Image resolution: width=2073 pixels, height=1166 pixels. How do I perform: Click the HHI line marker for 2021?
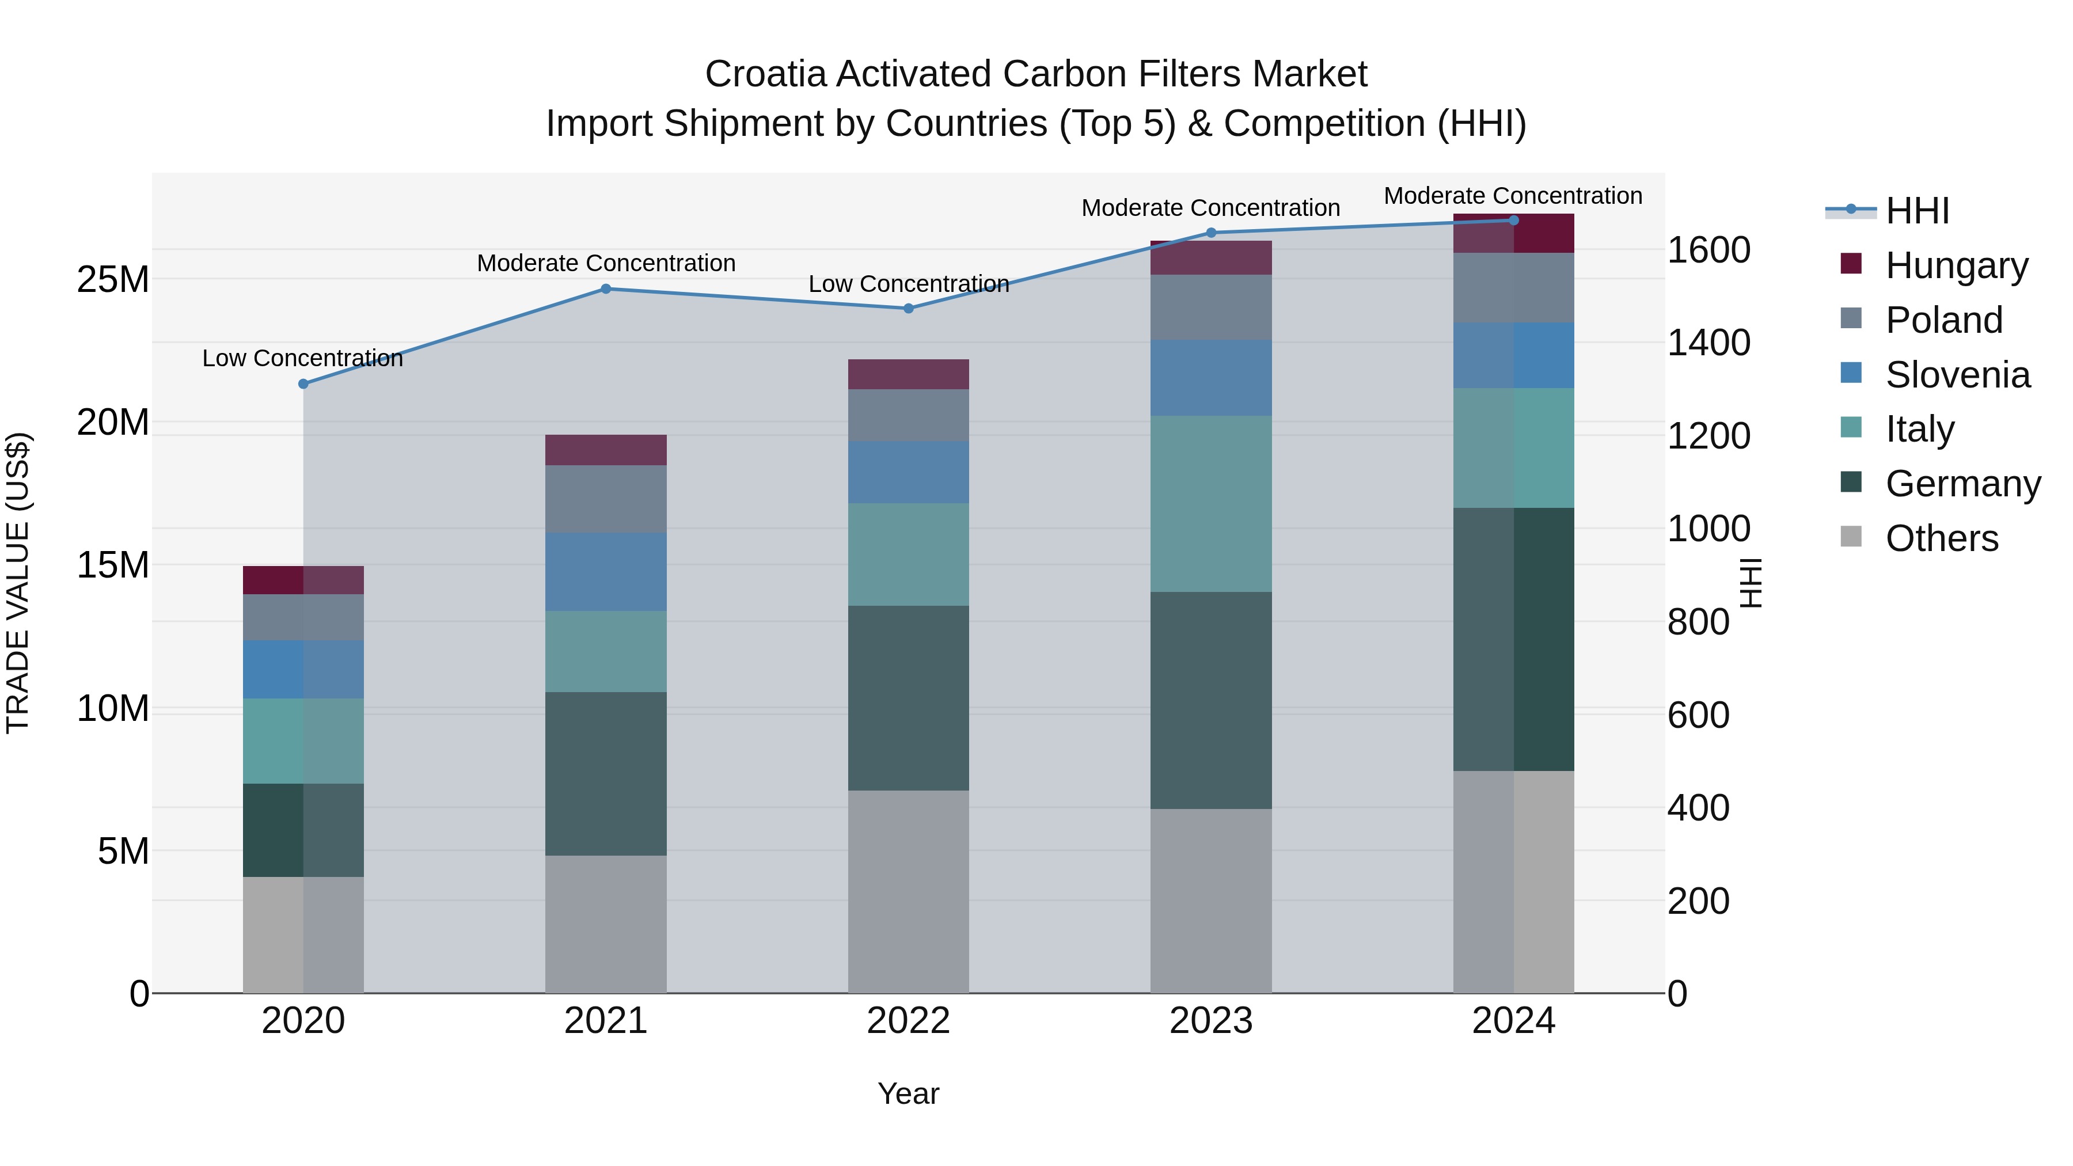[x=606, y=289]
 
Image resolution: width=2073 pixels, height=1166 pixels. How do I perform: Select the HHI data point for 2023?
[x=1211, y=233]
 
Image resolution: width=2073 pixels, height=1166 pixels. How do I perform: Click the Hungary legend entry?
[x=1956, y=265]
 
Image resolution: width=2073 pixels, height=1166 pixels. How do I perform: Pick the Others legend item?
[x=1941, y=538]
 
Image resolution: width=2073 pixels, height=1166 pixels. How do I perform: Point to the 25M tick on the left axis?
[x=113, y=280]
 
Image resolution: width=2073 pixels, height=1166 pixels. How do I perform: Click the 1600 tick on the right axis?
[x=1708, y=250]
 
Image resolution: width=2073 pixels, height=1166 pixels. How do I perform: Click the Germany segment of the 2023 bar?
[x=1211, y=700]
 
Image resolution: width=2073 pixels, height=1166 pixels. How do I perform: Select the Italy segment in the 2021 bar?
[x=606, y=652]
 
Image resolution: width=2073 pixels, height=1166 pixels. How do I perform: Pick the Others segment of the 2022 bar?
[x=909, y=891]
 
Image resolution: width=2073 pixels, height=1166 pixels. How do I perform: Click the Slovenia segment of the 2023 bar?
[x=1211, y=378]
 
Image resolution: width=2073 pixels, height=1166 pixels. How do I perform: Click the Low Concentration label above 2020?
[x=302, y=359]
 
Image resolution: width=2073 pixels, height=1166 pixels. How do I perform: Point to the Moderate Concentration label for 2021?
[x=606, y=263]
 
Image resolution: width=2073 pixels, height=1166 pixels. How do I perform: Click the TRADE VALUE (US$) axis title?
[x=18, y=583]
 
